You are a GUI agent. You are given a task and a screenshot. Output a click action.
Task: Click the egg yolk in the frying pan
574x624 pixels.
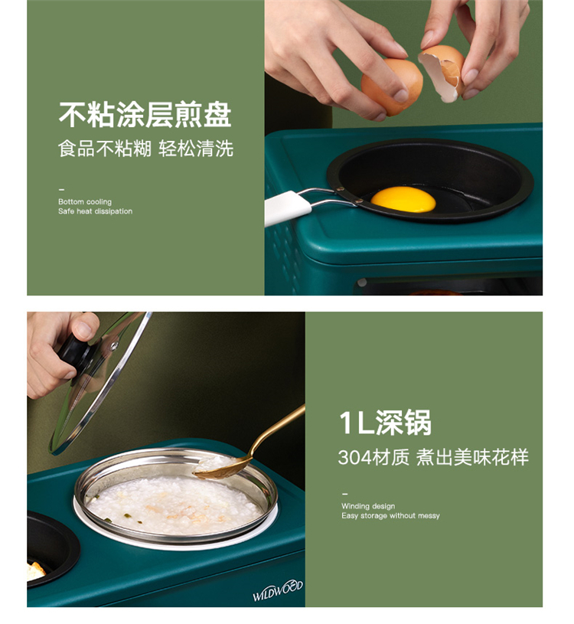[x=403, y=199]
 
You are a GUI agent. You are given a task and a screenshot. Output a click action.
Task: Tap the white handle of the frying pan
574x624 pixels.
[x=287, y=207]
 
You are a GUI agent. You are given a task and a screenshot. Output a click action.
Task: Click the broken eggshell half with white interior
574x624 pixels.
[x=442, y=73]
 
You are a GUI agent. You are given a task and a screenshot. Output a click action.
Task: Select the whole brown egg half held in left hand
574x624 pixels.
[x=391, y=87]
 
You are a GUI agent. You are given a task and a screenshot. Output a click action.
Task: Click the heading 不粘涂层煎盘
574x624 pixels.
[x=145, y=115]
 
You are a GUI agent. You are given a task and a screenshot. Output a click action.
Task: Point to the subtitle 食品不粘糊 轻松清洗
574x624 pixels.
[x=145, y=149]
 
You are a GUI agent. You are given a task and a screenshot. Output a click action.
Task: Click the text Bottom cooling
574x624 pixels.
[x=85, y=202]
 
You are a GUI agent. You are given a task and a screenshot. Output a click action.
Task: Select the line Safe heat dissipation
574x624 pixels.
[x=95, y=211]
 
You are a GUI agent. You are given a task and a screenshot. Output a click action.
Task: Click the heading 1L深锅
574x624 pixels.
[x=386, y=423]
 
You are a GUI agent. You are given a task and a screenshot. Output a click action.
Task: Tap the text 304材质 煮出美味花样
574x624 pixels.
[x=433, y=457]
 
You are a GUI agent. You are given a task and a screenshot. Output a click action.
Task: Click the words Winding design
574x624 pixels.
[x=368, y=506]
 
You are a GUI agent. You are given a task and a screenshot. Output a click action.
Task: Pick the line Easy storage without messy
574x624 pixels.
[x=390, y=516]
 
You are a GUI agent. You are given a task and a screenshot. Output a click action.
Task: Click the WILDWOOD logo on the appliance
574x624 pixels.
[x=278, y=590]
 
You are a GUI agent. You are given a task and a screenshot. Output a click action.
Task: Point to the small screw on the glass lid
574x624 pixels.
[x=115, y=346]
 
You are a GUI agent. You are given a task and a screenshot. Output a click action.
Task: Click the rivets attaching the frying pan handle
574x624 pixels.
[x=349, y=195]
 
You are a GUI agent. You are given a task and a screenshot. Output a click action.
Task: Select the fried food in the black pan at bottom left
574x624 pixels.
[x=35, y=571]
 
